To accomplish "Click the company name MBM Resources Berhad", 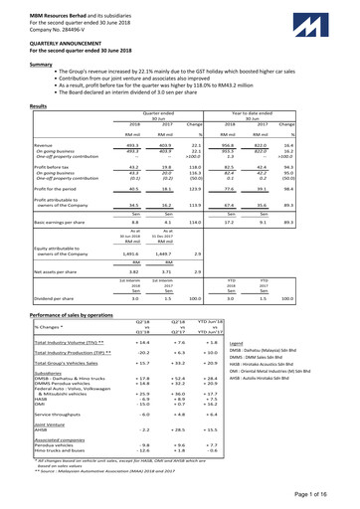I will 44,6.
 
